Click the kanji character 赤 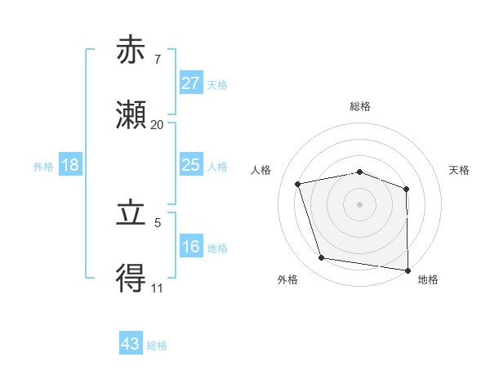pos(131,51)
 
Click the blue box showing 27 pos(190,83)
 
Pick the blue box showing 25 pos(190,165)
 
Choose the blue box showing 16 pos(190,247)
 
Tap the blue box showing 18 pos(70,165)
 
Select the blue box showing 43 pos(131,344)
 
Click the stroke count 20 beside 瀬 pos(157,124)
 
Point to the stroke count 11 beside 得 pos(157,288)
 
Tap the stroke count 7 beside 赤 pos(157,59)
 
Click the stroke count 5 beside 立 pos(157,222)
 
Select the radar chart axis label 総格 pos(360,107)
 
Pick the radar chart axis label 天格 pos(460,170)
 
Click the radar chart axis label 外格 pos(287,279)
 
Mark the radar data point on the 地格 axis pos(408,270)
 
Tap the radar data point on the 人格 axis pos(298,184)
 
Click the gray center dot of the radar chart pos(360,203)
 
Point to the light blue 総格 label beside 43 pos(158,346)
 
